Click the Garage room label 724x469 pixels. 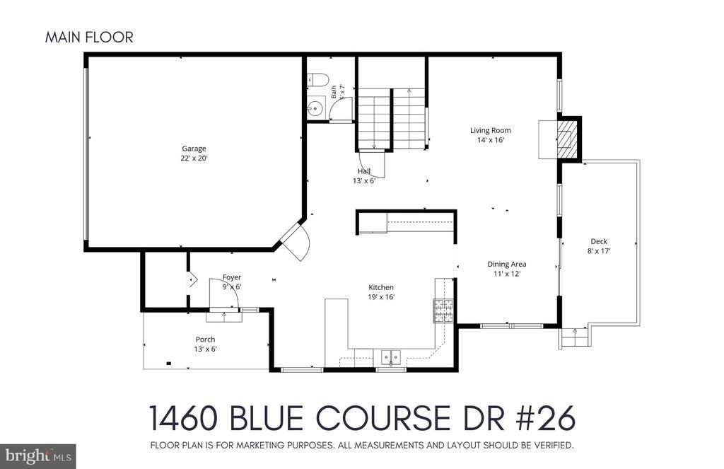click(194, 149)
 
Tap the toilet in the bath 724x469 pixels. click(317, 79)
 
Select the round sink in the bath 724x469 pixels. click(315, 109)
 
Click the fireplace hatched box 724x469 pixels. click(566, 139)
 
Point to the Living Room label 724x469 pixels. click(491, 130)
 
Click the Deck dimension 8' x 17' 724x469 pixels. click(599, 251)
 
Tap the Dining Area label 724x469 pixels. click(507, 265)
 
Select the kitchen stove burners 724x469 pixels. click(443, 311)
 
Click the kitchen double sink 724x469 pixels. click(391, 357)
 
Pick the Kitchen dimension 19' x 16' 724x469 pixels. click(381, 296)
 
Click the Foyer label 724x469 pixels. click(232, 277)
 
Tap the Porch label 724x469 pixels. click(206, 339)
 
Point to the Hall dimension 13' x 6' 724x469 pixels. click(364, 180)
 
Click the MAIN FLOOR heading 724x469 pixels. click(89, 37)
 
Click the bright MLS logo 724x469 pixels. click(38, 456)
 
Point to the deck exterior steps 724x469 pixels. click(575, 337)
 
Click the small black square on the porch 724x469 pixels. click(168, 363)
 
